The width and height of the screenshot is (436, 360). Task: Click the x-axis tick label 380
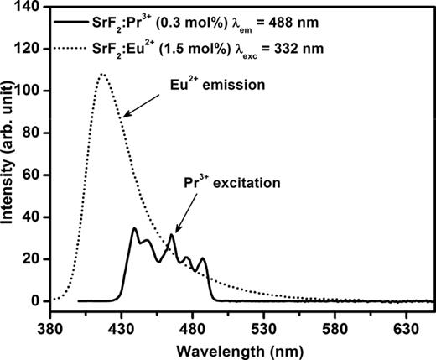coord(51,321)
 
